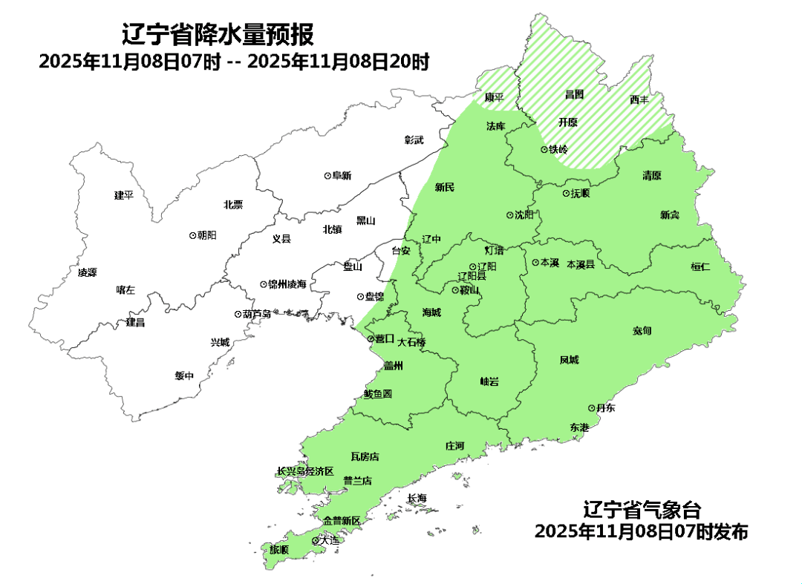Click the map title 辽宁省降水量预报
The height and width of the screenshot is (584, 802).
tap(218, 34)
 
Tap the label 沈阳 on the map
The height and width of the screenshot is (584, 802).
tap(524, 215)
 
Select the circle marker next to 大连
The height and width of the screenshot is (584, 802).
tap(315, 541)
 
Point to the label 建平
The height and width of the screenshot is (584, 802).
tap(123, 195)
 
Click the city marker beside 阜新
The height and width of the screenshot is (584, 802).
tap(327, 176)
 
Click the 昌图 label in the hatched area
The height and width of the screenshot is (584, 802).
tap(574, 94)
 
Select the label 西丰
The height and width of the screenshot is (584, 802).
tap(639, 99)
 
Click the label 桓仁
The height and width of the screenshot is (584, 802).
tap(700, 266)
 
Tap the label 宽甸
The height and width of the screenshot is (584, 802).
tap(642, 330)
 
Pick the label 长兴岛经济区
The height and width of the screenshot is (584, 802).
tap(305, 472)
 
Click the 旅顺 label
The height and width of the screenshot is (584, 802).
tap(279, 550)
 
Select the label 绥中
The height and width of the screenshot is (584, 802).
tap(184, 376)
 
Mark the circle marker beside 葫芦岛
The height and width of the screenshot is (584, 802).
tap(238, 314)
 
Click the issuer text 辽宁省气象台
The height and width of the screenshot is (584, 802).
tap(642, 511)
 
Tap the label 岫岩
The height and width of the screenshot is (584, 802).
tap(489, 381)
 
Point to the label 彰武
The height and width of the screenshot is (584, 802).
tap(414, 140)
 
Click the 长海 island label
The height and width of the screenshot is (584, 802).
tap(417, 499)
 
